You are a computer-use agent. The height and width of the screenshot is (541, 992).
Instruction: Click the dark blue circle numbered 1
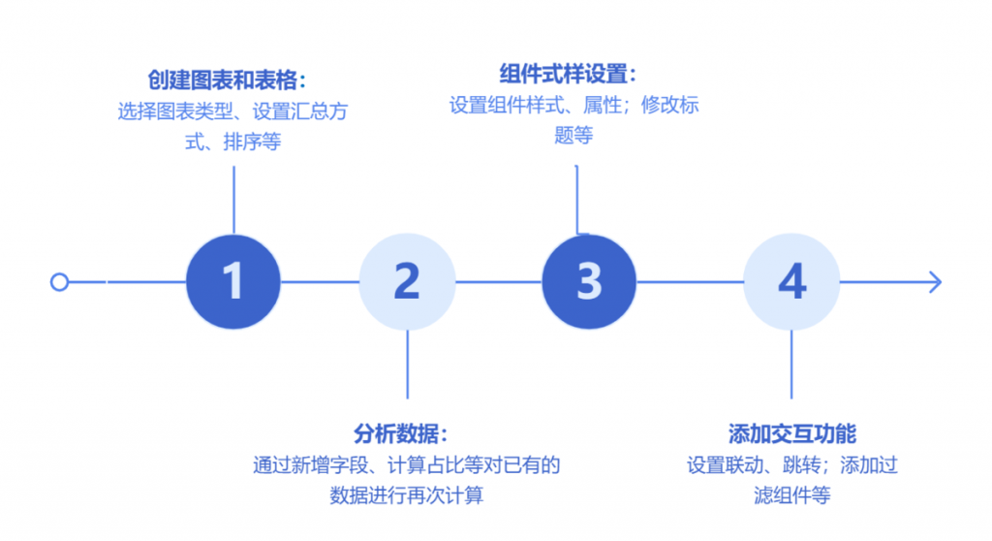(x=232, y=282)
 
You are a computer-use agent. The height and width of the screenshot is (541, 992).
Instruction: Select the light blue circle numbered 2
(x=407, y=282)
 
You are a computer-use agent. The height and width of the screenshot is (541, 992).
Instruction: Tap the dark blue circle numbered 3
(x=589, y=282)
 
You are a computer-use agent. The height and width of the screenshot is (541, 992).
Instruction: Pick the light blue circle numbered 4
(x=791, y=282)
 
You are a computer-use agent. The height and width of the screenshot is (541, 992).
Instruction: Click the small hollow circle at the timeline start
(x=59, y=282)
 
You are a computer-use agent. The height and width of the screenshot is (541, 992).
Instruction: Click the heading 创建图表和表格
(x=233, y=80)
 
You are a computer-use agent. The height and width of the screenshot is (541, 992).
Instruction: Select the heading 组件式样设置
(x=574, y=75)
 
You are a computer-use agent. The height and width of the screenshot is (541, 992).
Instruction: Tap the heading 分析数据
(x=407, y=433)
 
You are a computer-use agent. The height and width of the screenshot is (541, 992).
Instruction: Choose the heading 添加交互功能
(x=791, y=433)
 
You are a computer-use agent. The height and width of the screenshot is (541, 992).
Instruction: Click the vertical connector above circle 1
(x=233, y=200)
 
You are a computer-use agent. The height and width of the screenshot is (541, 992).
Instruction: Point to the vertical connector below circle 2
(x=407, y=364)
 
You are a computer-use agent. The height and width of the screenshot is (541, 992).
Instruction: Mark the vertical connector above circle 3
(x=577, y=200)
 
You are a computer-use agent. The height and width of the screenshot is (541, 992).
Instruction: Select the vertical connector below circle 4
(x=791, y=364)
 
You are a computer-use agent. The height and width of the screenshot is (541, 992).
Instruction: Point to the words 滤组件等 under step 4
(x=791, y=494)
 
